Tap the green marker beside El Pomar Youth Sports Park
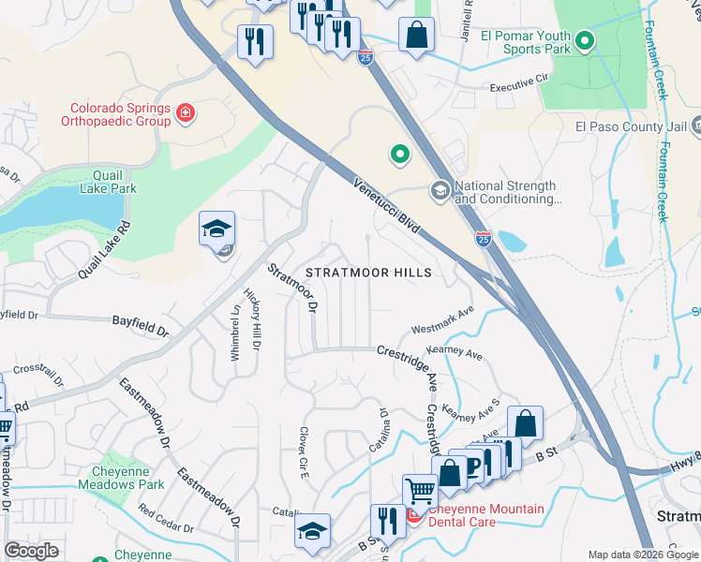click(x=585, y=41)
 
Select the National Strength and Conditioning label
click(x=505, y=192)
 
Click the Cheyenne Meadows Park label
click(x=128, y=478)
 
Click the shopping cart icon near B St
click(x=420, y=490)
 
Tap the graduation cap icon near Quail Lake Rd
click(x=217, y=229)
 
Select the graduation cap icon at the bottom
click(x=312, y=531)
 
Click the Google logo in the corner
click(x=31, y=551)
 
